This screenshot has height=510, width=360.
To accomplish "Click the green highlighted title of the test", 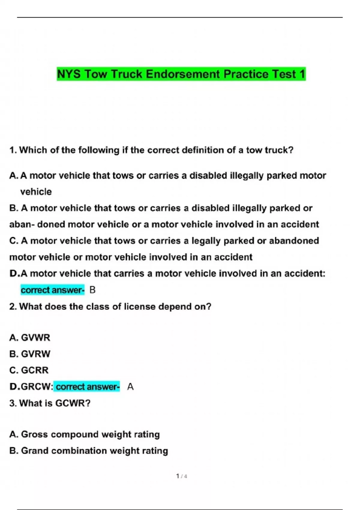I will (181, 74).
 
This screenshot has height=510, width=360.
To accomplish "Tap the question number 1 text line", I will (151, 150).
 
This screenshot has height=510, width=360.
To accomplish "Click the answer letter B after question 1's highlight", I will (92, 290).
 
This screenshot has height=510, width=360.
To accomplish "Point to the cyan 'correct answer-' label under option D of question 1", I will (52, 290).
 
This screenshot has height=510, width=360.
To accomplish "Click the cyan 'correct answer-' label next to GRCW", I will (88, 387).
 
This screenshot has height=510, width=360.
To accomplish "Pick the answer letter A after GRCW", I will (130, 387).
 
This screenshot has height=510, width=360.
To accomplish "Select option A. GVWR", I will (30, 337).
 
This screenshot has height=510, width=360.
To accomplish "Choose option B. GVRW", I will (30, 354).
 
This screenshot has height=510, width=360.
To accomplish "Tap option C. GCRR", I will (29, 370).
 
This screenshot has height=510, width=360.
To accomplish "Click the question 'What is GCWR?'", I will (50, 403).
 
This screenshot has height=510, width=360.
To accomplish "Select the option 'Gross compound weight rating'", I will (85, 434).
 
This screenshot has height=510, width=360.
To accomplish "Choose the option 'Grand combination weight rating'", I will (88, 451).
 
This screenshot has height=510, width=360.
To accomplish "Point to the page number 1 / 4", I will (181, 476).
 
